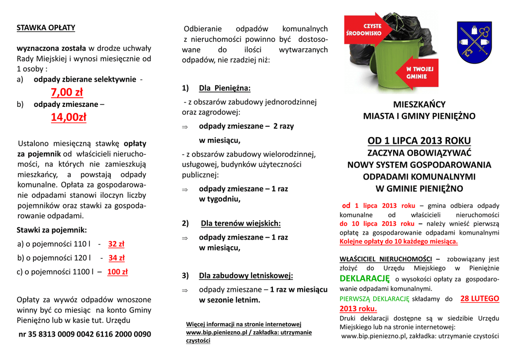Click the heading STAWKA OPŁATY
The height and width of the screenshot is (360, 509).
(46, 27)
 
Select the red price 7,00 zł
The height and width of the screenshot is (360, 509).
(67, 92)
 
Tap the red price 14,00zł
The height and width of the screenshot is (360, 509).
(68, 117)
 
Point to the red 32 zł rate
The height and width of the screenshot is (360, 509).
(116, 244)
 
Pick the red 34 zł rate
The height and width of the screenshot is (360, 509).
(116, 258)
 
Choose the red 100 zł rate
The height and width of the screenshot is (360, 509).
(117, 271)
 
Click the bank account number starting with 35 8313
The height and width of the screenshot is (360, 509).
(85, 334)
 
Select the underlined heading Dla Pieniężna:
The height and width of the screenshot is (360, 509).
(225, 88)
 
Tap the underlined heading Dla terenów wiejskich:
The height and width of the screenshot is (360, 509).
(241, 223)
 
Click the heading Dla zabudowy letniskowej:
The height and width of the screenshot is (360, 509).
(246, 275)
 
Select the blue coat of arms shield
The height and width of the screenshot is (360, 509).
(474, 42)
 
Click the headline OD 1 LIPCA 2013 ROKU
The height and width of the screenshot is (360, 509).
(419, 140)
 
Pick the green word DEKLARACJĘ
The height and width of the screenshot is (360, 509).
(364, 278)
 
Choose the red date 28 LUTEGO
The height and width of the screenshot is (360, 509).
(479, 298)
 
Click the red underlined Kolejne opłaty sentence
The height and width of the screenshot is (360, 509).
(399, 242)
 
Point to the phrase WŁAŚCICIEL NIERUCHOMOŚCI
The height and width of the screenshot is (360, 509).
(386, 259)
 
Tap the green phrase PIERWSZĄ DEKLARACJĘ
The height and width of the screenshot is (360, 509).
(374, 299)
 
